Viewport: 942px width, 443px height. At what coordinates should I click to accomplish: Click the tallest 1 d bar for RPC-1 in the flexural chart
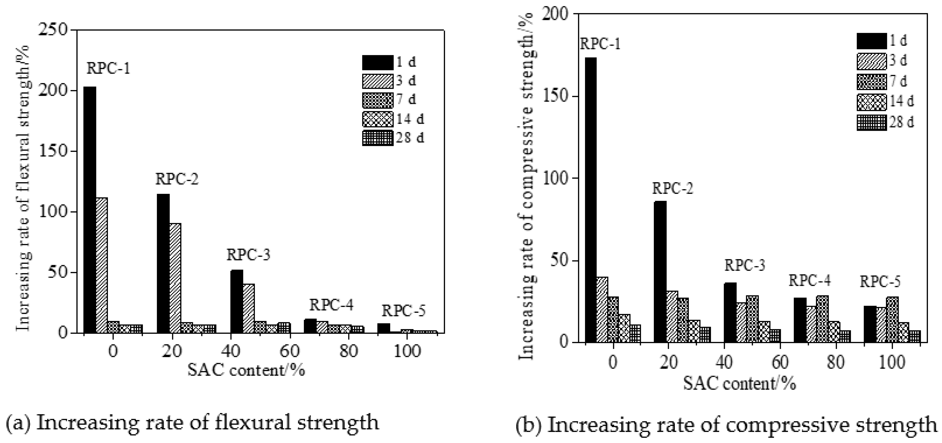(90, 210)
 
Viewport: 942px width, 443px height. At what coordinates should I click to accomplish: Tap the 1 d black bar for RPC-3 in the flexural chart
(236, 301)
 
